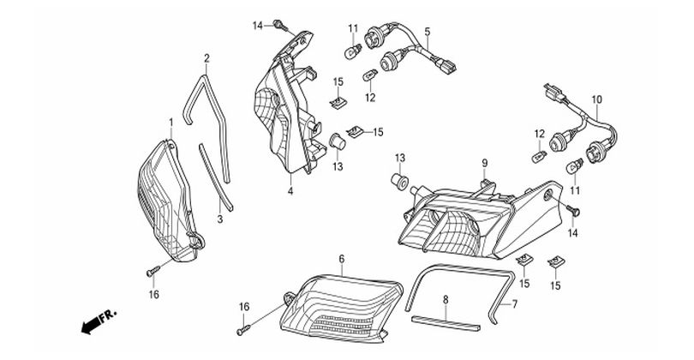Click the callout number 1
(171, 122)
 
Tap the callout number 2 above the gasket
(206, 58)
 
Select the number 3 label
(220, 219)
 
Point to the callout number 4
(290, 192)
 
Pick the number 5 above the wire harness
(428, 32)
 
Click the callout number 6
(341, 259)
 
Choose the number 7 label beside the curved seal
(515, 304)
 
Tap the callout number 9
(485, 163)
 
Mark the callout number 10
(596, 99)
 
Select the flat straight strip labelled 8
(446, 324)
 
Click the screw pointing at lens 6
(243, 329)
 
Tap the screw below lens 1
(153, 271)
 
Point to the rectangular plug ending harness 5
(446, 64)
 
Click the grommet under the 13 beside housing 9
(399, 182)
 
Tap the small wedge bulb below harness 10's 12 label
(539, 155)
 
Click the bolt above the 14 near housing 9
(573, 212)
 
